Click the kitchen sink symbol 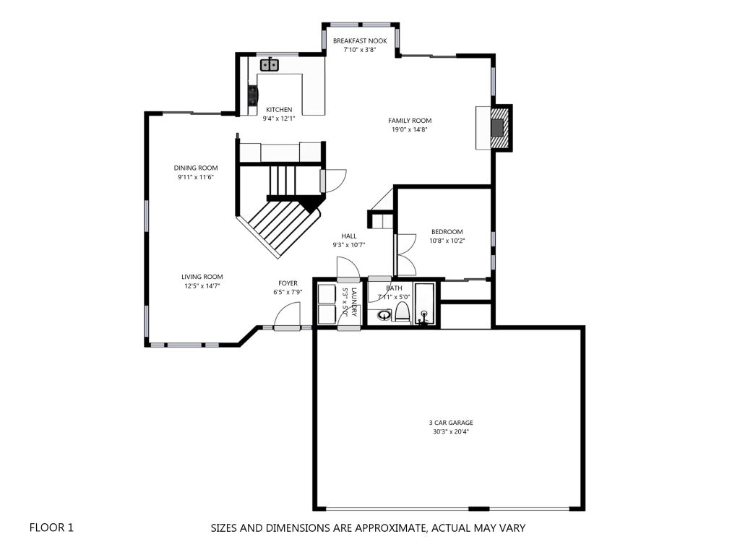click(x=270, y=64)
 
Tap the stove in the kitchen click(x=254, y=95)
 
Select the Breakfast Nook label click(x=360, y=41)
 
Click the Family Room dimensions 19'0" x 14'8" click(x=409, y=129)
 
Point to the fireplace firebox click(x=497, y=127)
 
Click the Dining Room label click(x=196, y=168)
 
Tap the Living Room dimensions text click(x=202, y=285)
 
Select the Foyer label click(x=288, y=283)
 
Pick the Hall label click(x=349, y=236)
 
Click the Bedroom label click(x=447, y=232)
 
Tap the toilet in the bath click(x=402, y=312)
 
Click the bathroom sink click(x=384, y=315)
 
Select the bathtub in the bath click(x=424, y=304)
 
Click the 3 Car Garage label click(x=451, y=423)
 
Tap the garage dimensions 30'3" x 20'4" click(x=451, y=431)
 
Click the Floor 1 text click(x=51, y=528)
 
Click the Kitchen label click(x=279, y=110)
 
